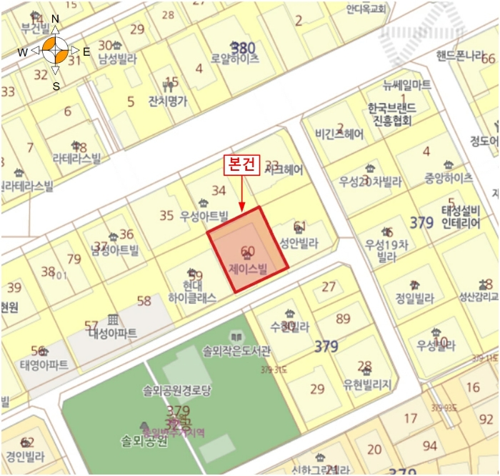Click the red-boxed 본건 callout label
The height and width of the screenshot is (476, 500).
point(241,165)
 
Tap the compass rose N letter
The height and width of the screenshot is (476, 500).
point(55,19)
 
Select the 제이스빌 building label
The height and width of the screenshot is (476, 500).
point(247,269)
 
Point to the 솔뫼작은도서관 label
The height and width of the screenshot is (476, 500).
point(236,351)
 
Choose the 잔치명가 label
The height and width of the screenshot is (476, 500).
point(167,101)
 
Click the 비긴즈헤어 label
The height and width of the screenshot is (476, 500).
point(339,134)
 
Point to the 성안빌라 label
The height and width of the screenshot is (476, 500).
point(299,242)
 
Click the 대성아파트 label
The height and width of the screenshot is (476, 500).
point(114,333)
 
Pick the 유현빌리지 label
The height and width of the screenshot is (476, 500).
point(366,384)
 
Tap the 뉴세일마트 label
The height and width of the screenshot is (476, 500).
point(406,84)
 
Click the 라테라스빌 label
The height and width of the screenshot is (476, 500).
point(76,159)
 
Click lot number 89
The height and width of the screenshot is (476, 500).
point(343,319)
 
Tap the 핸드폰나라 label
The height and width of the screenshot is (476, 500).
point(461,56)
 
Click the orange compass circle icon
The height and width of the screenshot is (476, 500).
point(55,51)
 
